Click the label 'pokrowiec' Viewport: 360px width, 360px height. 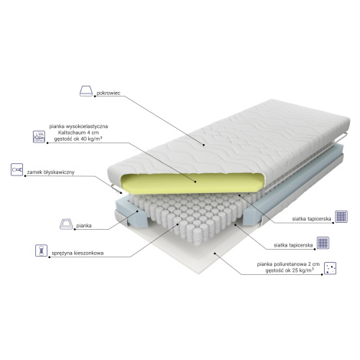[x=108, y=93]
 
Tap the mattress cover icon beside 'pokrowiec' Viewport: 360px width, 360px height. [x=86, y=91]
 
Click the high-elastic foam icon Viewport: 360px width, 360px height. [x=39, y=137]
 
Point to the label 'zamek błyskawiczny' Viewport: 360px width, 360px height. [x=51, y=172]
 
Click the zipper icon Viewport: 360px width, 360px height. [x=17, y=169]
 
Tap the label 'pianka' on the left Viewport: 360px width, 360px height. [x=84, y=226]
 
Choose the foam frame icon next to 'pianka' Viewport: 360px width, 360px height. [x=66, y=224]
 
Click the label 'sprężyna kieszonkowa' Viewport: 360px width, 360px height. [x=77, y=254]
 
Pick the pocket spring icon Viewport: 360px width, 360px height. [x=41, y=250]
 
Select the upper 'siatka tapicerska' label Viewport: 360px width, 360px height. [x=312, y=219]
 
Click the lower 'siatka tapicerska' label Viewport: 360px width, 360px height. [x=293, y=245]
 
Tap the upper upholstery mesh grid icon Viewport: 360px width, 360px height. [x=342, y=217]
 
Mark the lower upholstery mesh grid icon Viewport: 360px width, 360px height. [x=323, y=243]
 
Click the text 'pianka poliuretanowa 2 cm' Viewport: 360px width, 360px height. [x=288, y=264]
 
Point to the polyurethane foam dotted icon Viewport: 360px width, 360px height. [x=330, y=268]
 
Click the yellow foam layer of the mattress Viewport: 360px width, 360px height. [x=191, y=183]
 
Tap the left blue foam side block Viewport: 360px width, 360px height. [x=132, y=212]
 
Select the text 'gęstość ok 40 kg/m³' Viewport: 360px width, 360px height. [x=78, y=139]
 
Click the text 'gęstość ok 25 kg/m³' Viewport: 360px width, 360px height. [x=290, y=270]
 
